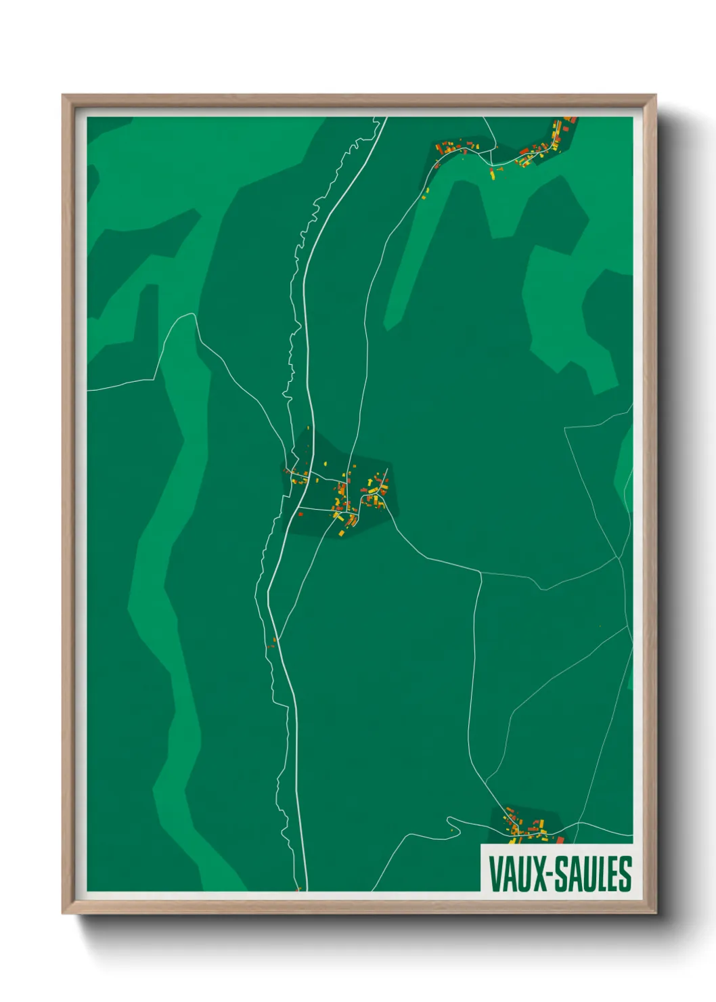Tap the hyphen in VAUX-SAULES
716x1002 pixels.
click(550, 875)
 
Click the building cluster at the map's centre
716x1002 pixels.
click(345, 498)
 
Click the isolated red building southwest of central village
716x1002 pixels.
click(275, 638)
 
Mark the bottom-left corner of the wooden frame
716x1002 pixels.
click(64, 913)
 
